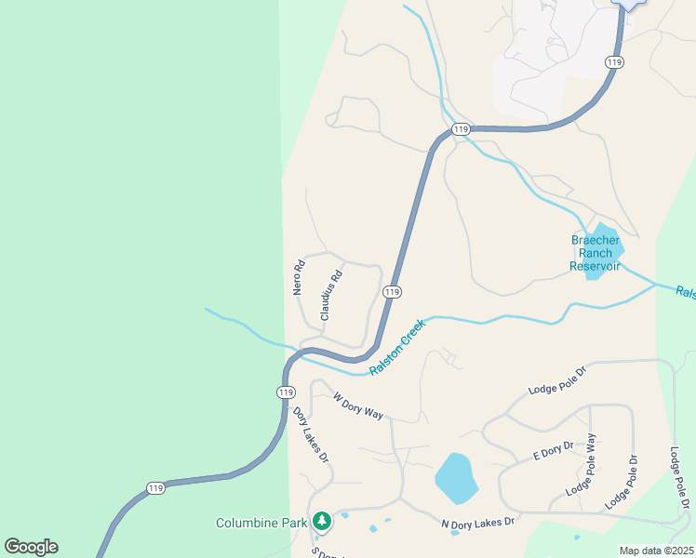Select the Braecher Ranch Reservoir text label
point(595,252)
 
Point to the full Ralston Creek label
point(397,347)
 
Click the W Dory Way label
point(358,406)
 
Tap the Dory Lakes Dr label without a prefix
point(311,435)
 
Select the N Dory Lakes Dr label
point(477,523)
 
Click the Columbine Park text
point(261,523)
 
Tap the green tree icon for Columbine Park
point(322,521)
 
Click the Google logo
point(31,547)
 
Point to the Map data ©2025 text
point(655,551)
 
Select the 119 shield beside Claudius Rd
point(392,292)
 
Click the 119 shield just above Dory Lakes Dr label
point(286,392)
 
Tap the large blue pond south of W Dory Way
point(456,478)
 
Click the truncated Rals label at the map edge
point(686,292)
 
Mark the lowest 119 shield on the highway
point(156,487)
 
